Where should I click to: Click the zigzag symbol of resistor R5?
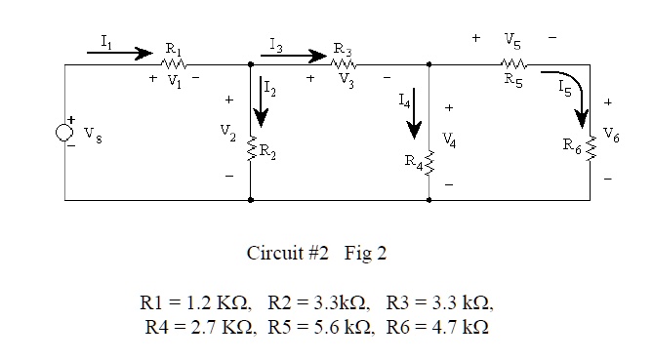click(516, 63)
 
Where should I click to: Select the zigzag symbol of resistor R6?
click(589, 148)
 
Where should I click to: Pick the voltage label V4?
click(448, 140)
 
